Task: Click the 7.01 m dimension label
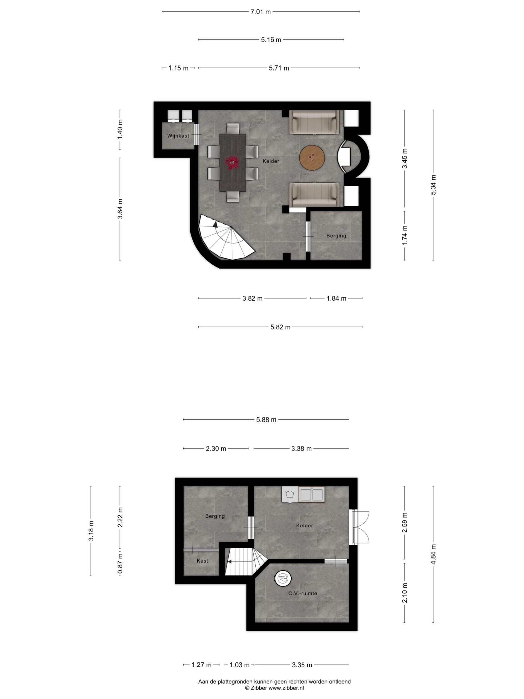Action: click(261, 12)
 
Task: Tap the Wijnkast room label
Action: click(178, 136)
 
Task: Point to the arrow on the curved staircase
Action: click(215, 224)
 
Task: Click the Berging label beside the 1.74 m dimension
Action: click(336, 236)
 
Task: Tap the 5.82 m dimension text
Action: click(280, 327)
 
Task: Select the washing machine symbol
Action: click(290, 494)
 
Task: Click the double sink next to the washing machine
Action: click(312, 494)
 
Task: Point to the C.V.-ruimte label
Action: click(303, 593)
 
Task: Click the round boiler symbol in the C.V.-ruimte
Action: click(283, 579)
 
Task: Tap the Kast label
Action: click(203, 561)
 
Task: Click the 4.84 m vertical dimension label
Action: click(434, 554)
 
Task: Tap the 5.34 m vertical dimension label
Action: click(434, 185)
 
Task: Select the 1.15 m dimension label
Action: click(178, 68)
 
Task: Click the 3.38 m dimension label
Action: click(301, 449)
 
